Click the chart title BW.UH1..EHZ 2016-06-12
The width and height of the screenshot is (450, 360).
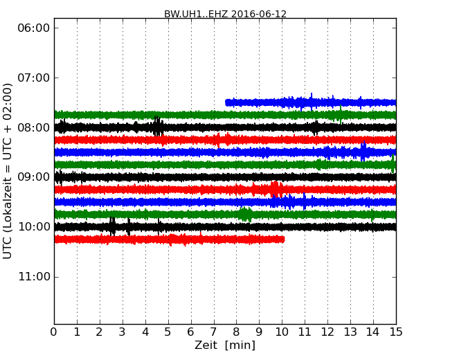[225, 14]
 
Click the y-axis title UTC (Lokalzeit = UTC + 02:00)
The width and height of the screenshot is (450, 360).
[8, 171]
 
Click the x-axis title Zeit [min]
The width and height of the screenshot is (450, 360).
[225, 345]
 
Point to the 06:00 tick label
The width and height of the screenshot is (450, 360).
[33, 28]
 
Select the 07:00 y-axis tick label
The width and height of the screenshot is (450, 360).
[33, 78]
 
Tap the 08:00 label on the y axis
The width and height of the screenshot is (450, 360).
[33, 127]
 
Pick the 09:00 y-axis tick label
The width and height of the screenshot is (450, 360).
[33, 177]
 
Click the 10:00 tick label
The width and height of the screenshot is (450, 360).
[33, 227]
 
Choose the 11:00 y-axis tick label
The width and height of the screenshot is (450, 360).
[33, 277]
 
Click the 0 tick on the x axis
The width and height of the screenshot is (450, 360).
[54, 332]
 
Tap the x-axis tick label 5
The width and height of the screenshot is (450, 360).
[168, 332]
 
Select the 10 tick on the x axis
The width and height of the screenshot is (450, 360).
[282, 332]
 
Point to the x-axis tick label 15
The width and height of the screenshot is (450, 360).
[396, 332]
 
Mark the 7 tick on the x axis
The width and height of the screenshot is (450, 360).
[214, 332]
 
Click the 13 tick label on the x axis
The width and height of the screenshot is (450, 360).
[350, 332]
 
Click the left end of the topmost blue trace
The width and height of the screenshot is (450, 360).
[226, 102]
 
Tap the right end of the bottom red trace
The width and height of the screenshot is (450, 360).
[283, 239]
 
